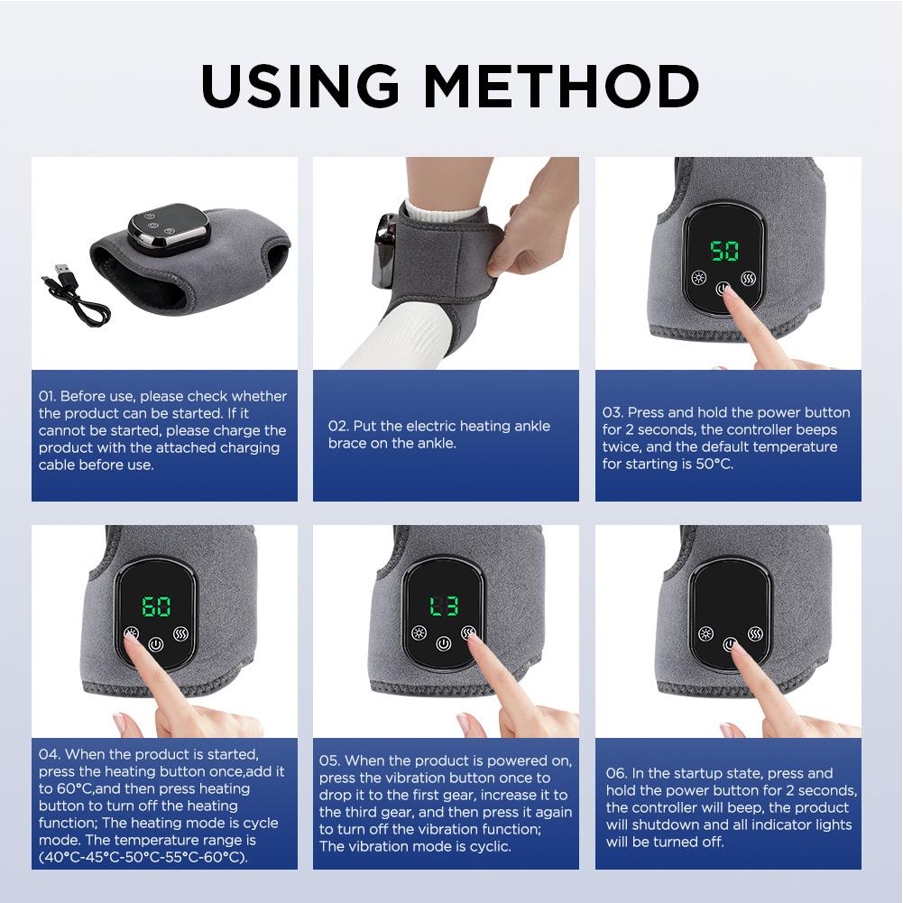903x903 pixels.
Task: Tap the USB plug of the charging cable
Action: (66, 270)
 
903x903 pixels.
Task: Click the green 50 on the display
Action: (723, 250)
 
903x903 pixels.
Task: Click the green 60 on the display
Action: (157, 606)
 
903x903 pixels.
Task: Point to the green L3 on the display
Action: (443, 607)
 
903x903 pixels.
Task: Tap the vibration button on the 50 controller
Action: (749, 278)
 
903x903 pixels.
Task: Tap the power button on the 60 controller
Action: (158, 645)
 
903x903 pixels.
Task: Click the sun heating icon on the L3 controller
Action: (419, 632)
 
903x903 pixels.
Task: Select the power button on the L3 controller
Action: (443, 644)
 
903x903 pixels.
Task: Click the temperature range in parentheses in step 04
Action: (143, 857)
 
